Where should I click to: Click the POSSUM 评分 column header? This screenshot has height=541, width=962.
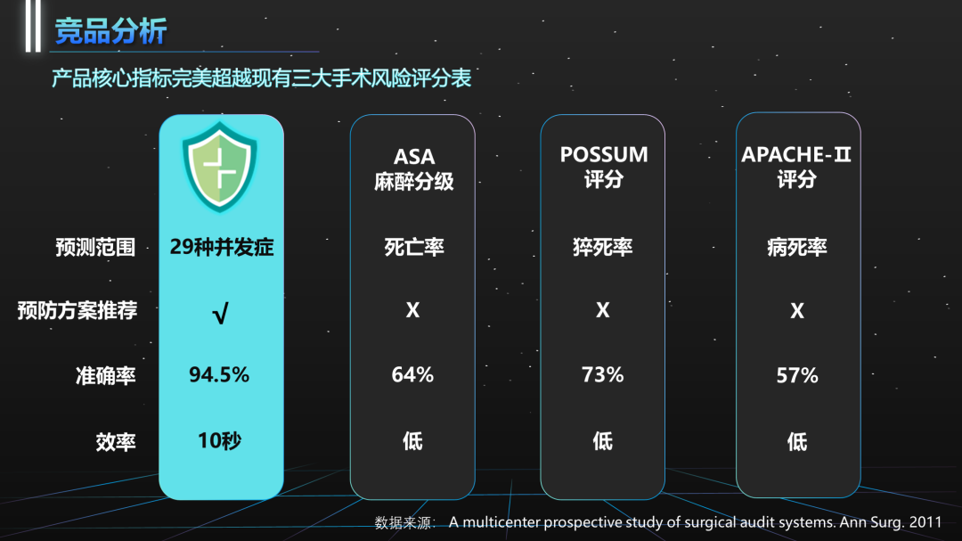[x=604, y=167]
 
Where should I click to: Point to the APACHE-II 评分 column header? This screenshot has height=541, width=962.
[x=796, y=167]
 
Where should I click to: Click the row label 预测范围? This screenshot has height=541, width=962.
[x=95, y=247]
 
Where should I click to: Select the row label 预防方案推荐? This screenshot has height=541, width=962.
[x=77, y=311]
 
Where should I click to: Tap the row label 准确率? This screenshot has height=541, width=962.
[x=106, y=375]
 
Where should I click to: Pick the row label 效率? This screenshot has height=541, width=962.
[x=116, y=441]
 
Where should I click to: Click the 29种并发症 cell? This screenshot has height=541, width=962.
[x=221, y=247]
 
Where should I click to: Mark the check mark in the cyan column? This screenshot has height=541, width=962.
[x=220, y=313]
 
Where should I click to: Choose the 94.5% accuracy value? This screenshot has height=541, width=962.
[x=219, y=374]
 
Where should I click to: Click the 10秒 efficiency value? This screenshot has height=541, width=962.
[x=219, y=440]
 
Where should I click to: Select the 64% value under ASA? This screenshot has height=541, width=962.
[x=412, y=375]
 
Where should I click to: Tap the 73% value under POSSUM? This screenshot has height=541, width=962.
[x=603, y=375]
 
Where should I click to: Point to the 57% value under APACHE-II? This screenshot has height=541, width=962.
[x=796, y=375]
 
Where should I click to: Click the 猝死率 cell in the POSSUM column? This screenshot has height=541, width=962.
[x=603, y=247]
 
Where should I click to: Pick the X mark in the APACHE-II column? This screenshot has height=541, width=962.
[x=796, y=311]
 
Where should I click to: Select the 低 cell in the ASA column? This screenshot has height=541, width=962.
[x=412, y=440]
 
